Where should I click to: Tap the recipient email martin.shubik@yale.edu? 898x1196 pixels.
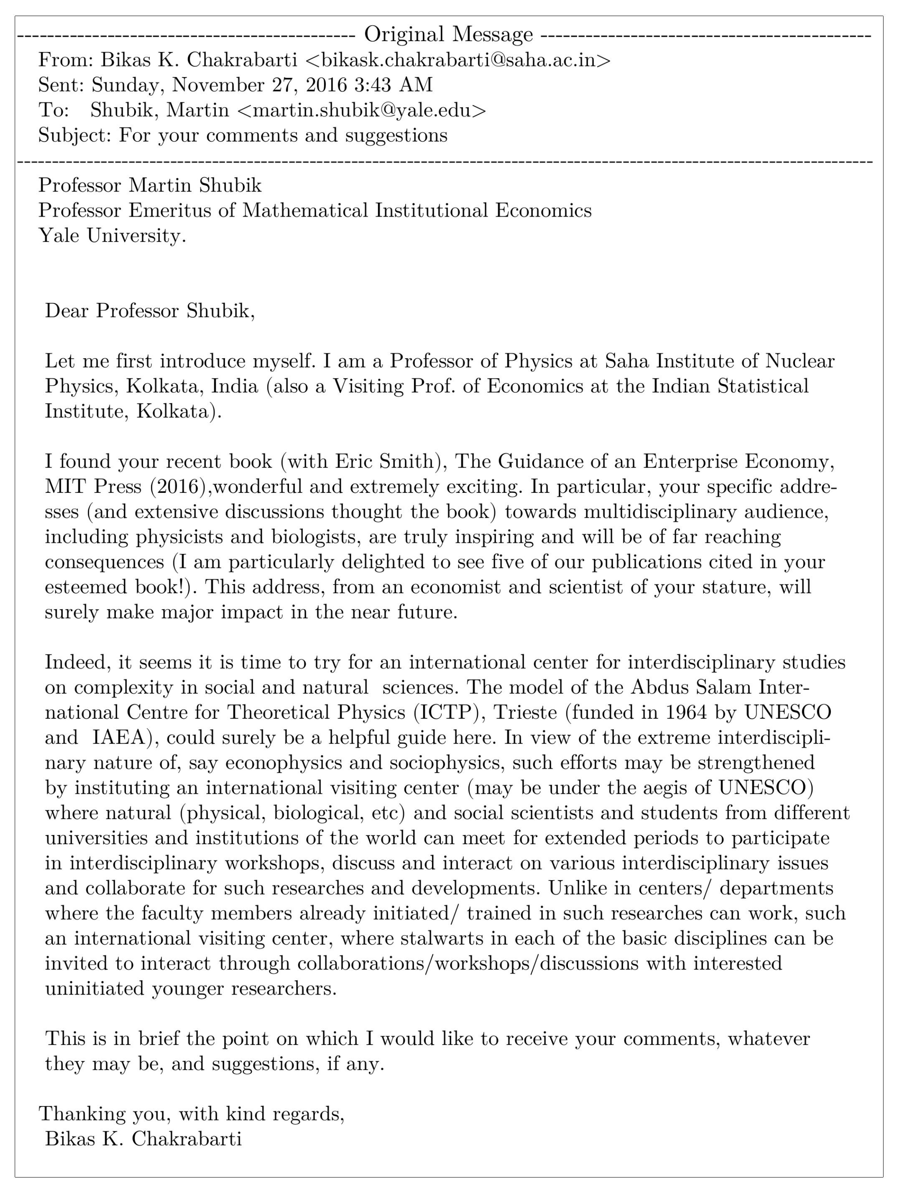click(361, 110)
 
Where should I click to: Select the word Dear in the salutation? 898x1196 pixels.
click(67, 311)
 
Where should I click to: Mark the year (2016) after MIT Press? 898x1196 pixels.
click(181, 486)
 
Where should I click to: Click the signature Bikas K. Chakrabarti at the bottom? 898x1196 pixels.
click(143, 1139)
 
